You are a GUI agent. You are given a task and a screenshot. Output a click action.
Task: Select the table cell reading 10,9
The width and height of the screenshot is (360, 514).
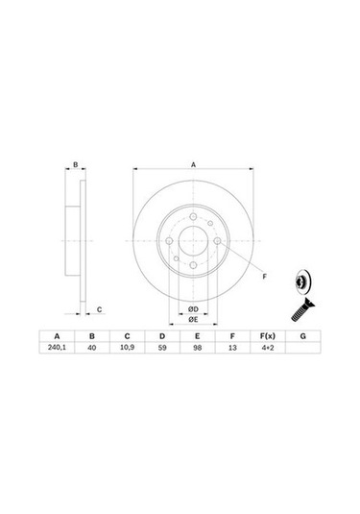[x=127, y=350]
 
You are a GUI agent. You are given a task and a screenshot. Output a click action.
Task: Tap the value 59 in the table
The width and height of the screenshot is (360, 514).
[x=162, y=350]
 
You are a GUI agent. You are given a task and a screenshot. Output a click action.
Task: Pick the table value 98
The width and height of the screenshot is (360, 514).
[x=197, y=350]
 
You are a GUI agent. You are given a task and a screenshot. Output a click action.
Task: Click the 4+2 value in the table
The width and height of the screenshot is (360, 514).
[x=267, y=350]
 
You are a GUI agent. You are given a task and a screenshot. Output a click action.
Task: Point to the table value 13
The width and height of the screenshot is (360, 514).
[x=231, y=350]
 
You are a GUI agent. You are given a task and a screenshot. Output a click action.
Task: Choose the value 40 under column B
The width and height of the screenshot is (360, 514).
[x=92, y=350]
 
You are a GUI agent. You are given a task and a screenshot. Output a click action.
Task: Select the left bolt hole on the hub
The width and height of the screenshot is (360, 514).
[x=168, y=241]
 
